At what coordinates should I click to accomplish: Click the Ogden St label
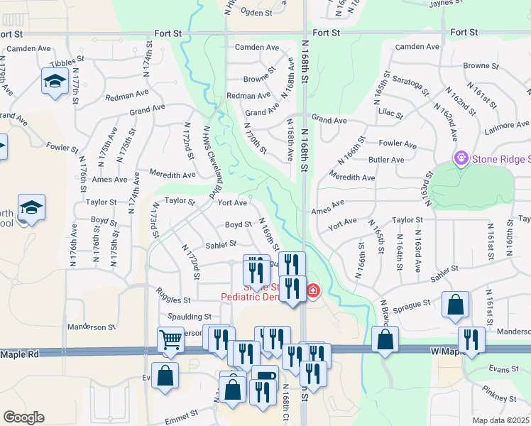[x=257, y=13]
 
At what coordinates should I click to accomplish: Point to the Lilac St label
[x=390, y=114]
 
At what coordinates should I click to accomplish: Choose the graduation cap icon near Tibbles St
[x=54, y=82]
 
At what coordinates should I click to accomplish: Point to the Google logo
[x=24, y=417]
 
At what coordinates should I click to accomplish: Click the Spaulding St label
[x=190, y=317]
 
